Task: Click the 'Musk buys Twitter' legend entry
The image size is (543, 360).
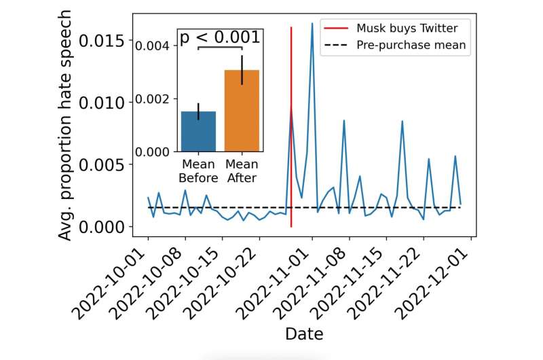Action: click(x=407, y=29)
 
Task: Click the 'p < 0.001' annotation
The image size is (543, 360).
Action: click(x=219, y=37)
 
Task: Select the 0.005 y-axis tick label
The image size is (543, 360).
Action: click(x=102, y=164)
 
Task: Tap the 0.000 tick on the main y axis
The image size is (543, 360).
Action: click(x=102, y=226)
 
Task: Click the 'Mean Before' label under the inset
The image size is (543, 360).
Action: click(x=198, y=171)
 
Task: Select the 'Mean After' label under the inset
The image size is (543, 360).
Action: click(x=242, y=171)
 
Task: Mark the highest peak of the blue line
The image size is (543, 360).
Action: click(x=312, y=24)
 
